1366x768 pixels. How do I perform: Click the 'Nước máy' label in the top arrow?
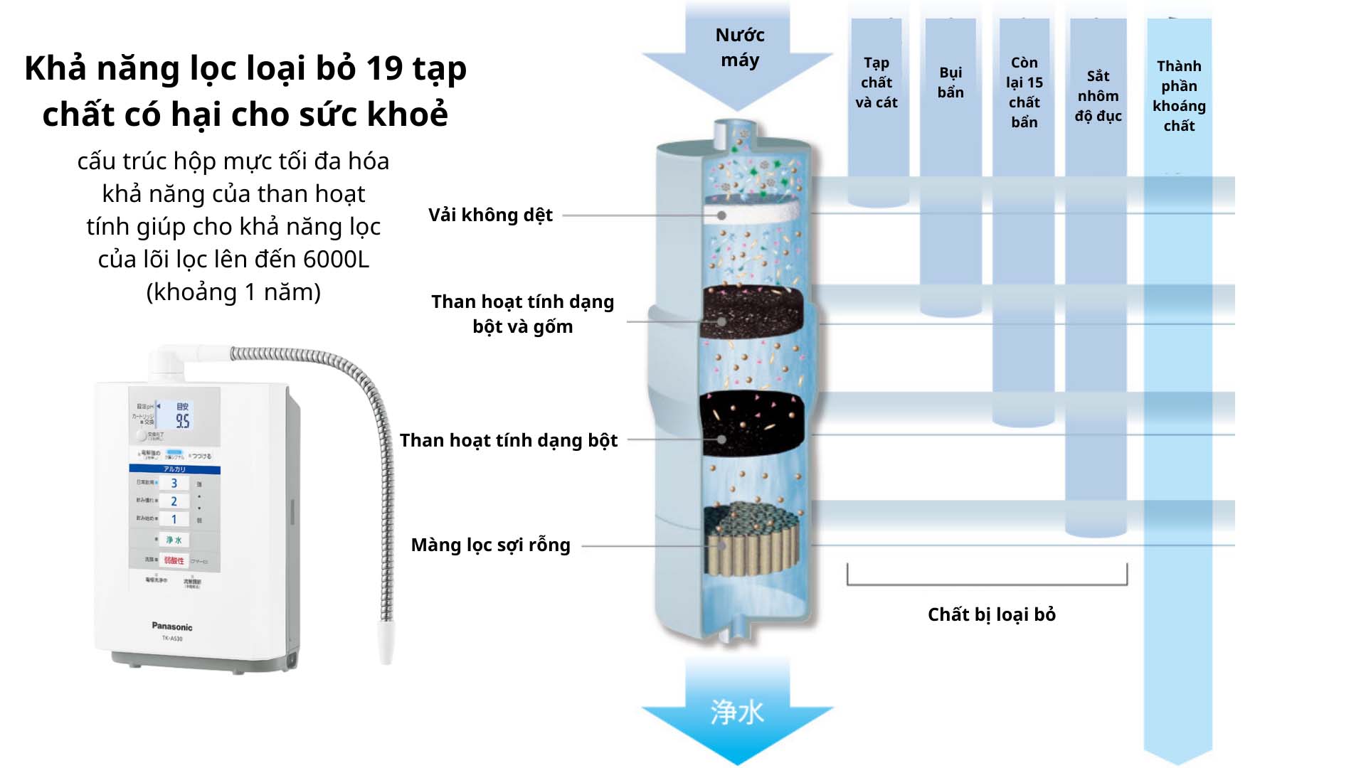click(739, 48)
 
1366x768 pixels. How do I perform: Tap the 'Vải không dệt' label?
click(490, 215)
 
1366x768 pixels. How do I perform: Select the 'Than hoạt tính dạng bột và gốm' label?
click(522, 314)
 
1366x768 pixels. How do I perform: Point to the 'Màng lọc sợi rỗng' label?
click(490, 545)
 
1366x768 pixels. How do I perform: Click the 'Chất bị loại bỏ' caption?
click(991, 614)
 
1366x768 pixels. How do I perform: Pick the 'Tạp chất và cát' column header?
click(876, 82)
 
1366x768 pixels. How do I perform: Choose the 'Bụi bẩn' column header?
click(951, 82)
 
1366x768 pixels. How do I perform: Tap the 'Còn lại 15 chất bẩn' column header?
click(1024, 92)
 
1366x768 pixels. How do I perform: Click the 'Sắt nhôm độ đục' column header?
click(1098, 96)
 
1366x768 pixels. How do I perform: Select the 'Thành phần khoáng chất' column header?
click(1179, 96)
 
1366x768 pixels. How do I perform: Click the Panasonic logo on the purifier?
click(171, 626)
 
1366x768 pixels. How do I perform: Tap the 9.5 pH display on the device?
click(183, 420)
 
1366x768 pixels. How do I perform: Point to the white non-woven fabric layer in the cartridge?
click(754, 212)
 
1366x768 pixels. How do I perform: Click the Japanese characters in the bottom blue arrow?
click(737, 712)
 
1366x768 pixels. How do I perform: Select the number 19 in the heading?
click(384, 69)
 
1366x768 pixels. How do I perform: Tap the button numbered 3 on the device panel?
click(174, 484)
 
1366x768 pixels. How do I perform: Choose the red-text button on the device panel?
click(174, 560)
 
